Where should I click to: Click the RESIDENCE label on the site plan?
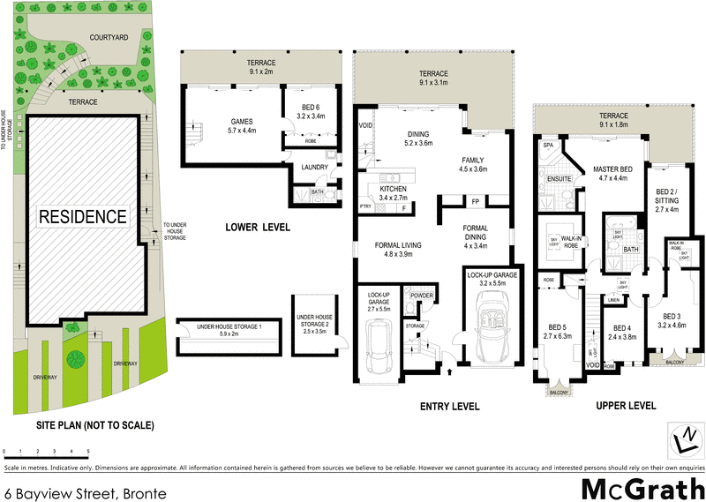(81, 215)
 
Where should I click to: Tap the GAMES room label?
(217, 124)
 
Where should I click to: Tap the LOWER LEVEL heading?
(258, 228)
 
